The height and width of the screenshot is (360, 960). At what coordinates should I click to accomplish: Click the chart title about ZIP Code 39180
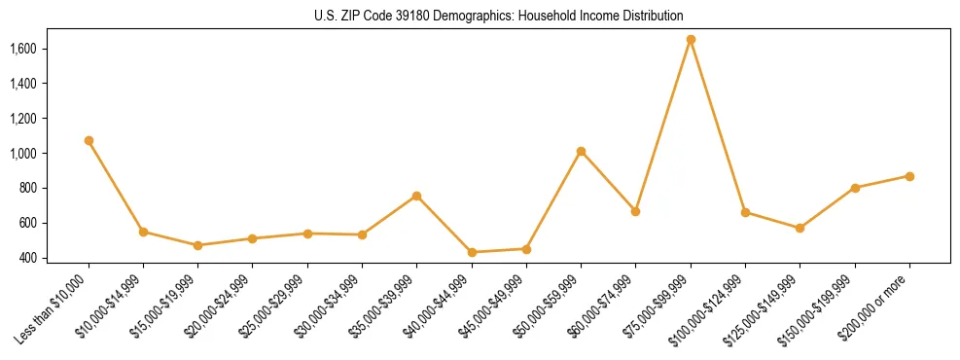click(x=499, y=16)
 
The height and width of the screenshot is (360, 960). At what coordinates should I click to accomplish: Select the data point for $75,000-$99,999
click(x=691, y=40)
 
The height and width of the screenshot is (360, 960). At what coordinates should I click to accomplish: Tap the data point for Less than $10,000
click(x=89, y=140)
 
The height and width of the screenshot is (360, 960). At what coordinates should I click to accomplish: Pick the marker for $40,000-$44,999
click(x=472, y=252)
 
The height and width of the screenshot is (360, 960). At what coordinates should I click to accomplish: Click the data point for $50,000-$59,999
click(x=581, y=151)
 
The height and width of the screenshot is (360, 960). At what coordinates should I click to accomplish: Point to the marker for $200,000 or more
click(x=909, y=176)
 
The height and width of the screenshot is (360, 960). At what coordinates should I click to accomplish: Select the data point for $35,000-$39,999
click(x=416, y=196)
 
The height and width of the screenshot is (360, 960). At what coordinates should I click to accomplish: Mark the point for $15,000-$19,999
click(x=197, y=245)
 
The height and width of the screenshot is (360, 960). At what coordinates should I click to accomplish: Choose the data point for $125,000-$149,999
click(x=800, y=228)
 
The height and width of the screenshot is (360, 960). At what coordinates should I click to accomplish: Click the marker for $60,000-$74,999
click(x=635, y=211)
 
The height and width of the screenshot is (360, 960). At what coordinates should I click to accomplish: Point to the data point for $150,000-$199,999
click(x=855, y=188)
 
